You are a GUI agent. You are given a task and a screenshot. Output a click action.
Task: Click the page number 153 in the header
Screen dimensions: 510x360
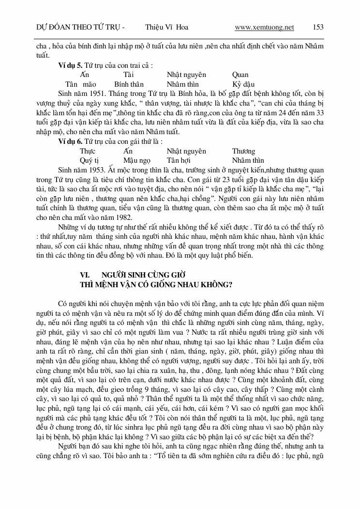(318, 27)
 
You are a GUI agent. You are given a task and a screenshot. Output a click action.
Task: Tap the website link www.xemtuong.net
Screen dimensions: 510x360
(264, 27)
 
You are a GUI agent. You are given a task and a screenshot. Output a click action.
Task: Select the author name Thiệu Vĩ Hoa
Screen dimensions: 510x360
(163, 27)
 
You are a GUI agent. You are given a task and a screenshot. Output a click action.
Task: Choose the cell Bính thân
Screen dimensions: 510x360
(130, 84)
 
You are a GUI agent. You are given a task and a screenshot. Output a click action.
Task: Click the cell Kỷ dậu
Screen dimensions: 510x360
(243, 84)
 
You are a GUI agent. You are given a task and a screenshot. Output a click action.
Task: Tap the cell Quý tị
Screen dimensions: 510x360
(89, 160)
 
